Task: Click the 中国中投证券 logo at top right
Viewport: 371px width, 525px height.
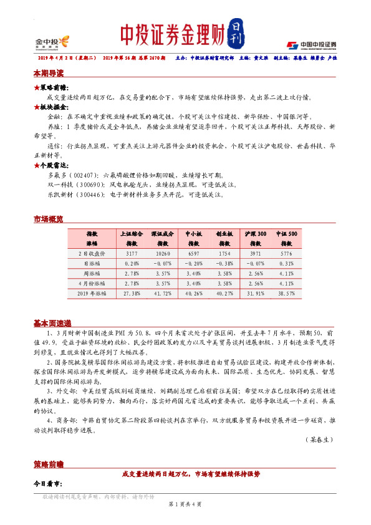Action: (x=312, y=45)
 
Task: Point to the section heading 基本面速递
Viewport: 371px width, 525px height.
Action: (x=52, y=324)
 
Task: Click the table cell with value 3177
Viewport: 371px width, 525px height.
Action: (x=132, y=254)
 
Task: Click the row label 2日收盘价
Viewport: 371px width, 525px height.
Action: (x=92, y=254)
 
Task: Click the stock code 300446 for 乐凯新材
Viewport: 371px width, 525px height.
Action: (x=92, y=195)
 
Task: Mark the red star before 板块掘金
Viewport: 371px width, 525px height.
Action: (x=37, y=107)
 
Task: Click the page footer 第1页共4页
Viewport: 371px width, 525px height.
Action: (x=185, y=503)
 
